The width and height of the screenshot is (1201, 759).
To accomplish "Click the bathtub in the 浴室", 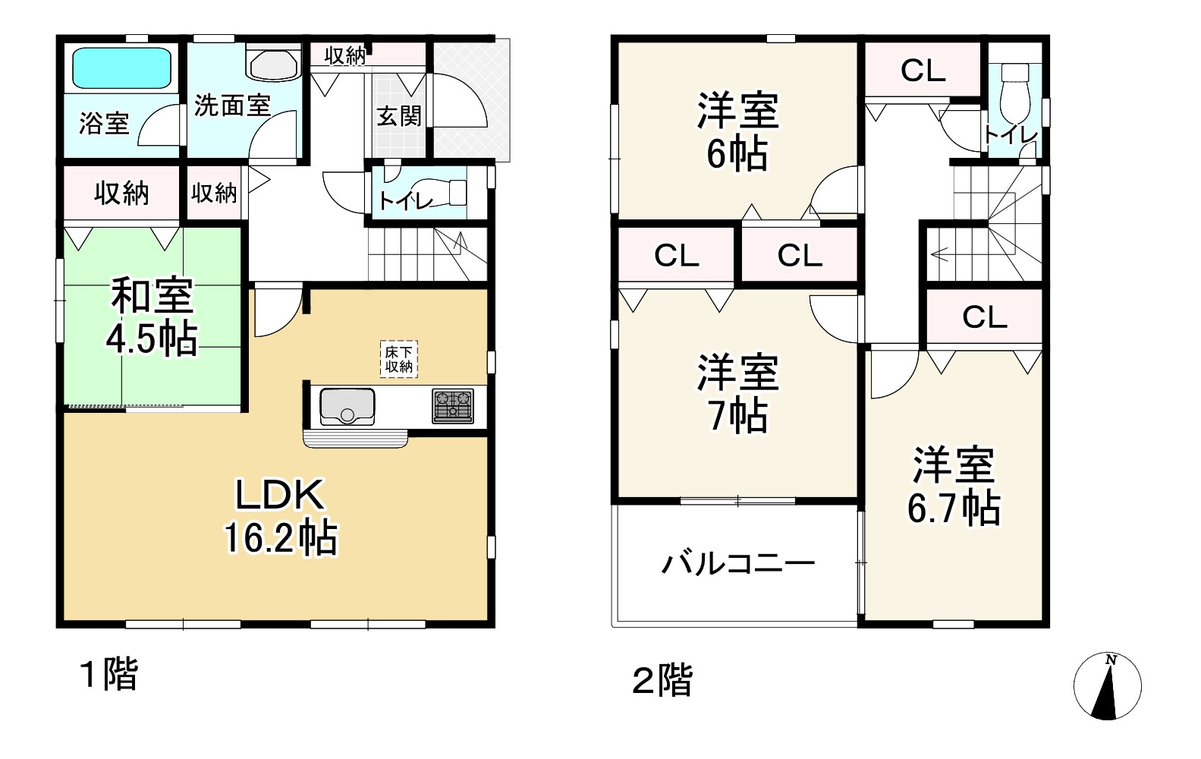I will [121, 68].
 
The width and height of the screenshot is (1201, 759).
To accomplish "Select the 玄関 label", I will [399, 116].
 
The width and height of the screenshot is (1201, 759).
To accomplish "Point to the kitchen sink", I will [347, 405].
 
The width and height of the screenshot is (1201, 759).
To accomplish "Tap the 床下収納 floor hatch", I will [399, 359].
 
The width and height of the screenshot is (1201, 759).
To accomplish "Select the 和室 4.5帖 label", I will [152, 317].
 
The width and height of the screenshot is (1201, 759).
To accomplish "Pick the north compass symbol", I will [1108, 685].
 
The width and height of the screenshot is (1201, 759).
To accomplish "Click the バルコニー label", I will [738, 564].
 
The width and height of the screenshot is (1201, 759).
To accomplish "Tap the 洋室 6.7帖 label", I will [954, 487].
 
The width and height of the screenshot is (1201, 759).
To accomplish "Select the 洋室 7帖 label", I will [737, 393].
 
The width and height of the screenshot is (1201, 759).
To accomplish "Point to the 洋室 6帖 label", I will [737, 131].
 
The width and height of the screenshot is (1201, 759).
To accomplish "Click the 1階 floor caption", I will [109, 674].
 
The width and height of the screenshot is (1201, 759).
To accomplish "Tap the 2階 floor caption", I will [662, 680].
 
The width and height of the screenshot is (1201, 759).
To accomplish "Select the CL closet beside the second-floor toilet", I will [923, 71].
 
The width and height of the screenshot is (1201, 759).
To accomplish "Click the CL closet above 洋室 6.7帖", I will [984, 317].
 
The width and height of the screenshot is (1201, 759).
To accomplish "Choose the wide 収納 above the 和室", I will [121, 194].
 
